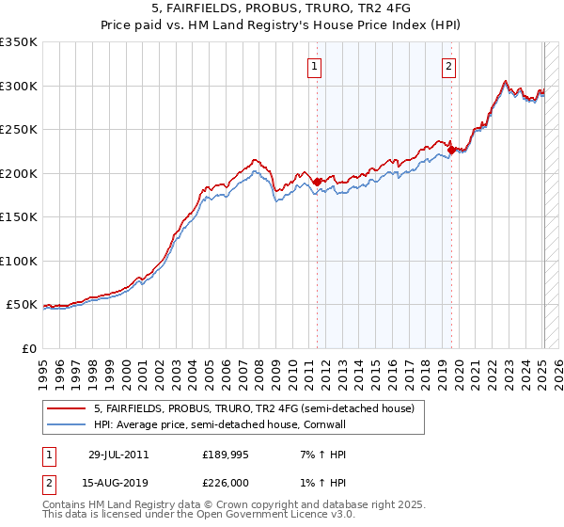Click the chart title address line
pyautogui.click(x=282, y=8)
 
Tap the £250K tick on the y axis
pyautogui.click(x=18, y=129)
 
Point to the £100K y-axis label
pyautogui.click(x=18, y=261)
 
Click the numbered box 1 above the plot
pyautogui.click(x=314, y=66)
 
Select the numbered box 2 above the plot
pyautogui.click(x=449, y=66)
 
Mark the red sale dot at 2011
pyautogui.click(x=318, y=182)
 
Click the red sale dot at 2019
pyautogui.click(x=452, y=150)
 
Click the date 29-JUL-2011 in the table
pyautogui.click(x=119, y=455)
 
